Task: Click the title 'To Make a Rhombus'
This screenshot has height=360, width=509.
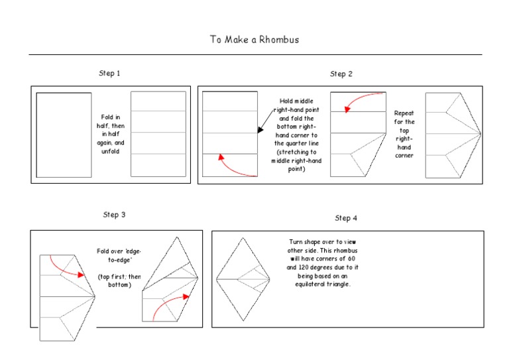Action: pyautogui.click(x=254, y=39)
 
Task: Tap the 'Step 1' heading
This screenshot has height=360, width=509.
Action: pyautogui.click(x=109, y=73)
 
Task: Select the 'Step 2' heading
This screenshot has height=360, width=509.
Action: pyautogui.click(x=341, y=74)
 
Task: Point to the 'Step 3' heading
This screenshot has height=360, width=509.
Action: pyautogui.click(x=115, y=215)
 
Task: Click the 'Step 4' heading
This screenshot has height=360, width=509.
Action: pyautogui.click(x=346, y=218)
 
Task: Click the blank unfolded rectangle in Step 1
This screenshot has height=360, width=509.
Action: pyautogui.click(x=64, y=135)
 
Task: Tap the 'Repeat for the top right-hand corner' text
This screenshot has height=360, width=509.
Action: pyautogui.click(x=404, y=135)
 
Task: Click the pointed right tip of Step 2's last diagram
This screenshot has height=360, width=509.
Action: pyautogui.click(x=480, y=135)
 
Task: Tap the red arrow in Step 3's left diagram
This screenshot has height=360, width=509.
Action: pyautogui.click(x=70, y=266)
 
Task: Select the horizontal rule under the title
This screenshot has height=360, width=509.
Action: pyautogui.click(x=254, y=54)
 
